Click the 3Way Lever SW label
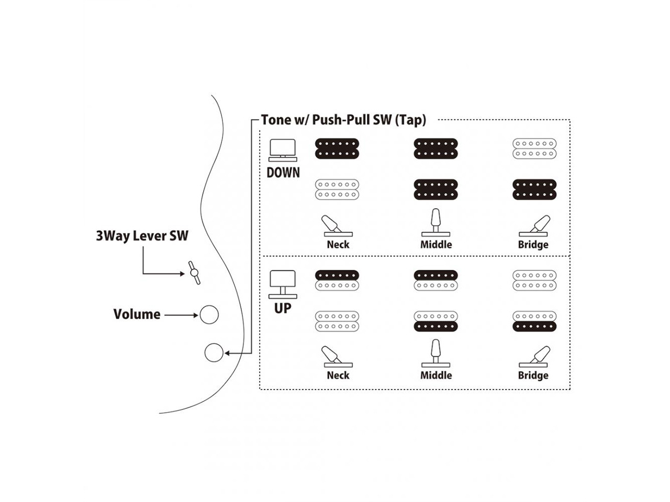click(x=142, y=236)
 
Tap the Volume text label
click(x=137, y=314)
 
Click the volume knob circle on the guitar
click(x=209, y=314)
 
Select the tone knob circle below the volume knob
click(x=213, y=353)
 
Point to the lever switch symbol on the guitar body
click(x=194, y=272)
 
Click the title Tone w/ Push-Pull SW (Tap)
click(x=343, y=120)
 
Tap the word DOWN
click(x=283, y=173)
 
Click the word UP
click(x=283, y=309)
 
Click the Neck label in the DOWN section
click(x=338, y=245)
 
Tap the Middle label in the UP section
click(x=436, y=375)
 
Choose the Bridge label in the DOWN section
click(x=533, y=245)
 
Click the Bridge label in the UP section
click(x=533, y=375)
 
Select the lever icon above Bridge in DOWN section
click(x=535, y=226)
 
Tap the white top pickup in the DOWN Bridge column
click(x=534, y=149)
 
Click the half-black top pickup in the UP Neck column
click(x=337, y=280)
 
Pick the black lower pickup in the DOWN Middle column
click(x=435, y=189)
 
